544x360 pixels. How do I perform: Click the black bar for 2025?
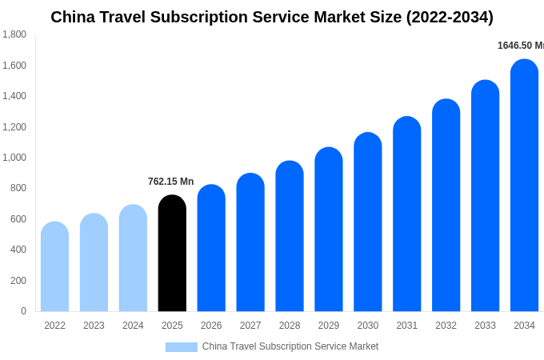point(172,254)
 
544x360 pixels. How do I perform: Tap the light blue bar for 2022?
point(54,267)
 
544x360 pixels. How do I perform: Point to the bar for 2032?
point(446,206)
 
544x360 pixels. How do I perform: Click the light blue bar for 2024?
point(133,258)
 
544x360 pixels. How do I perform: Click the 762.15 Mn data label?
point(170,182)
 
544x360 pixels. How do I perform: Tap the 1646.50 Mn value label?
point(520,46)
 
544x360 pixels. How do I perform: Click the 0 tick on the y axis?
point(23,311)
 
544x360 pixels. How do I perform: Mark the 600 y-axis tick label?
point(18,219)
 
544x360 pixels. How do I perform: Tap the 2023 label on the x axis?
point(94,326)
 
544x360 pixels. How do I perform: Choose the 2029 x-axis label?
point(329,326)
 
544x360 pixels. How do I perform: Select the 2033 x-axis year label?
point(485,326)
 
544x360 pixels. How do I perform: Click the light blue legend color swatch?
point(181,347)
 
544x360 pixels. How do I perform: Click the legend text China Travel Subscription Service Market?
point(290,346)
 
